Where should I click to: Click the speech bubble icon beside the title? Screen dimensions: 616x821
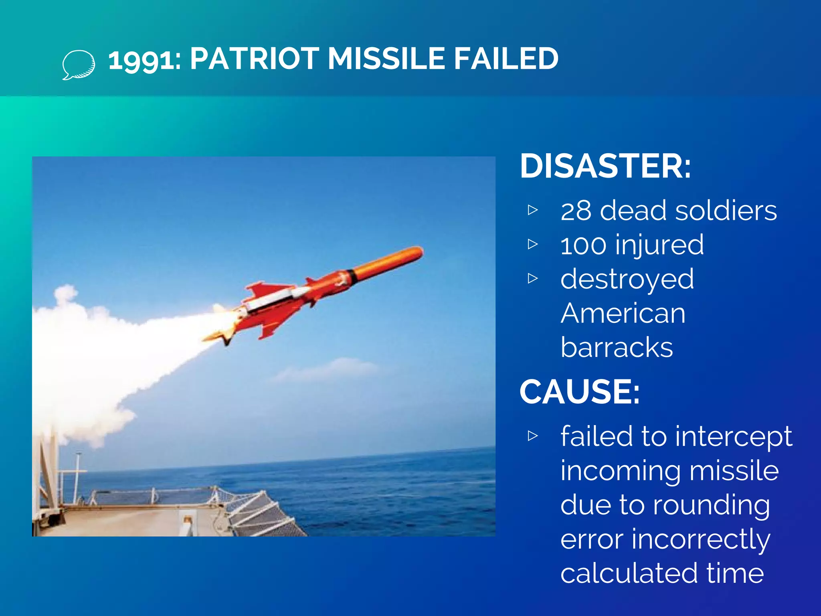click(79, 64)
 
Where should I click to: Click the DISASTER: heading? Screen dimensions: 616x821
click(605, 166)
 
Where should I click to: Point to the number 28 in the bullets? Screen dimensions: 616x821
click(576, 211)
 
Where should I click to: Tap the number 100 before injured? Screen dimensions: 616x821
click(584, 245)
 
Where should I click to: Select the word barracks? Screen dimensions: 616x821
click(617, 347)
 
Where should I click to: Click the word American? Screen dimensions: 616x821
click(623, 313)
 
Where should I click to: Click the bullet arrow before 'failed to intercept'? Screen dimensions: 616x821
click(533, 436)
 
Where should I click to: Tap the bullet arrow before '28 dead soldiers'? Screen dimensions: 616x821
click(533, 210)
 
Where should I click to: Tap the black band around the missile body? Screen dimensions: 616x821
click(352, 276)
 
